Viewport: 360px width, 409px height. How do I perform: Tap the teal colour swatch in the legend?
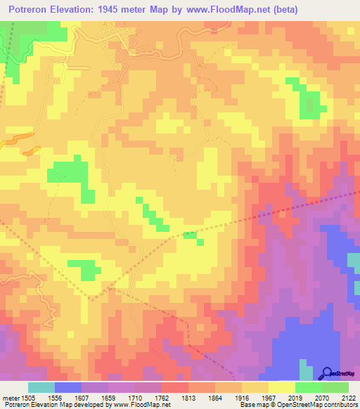tap(41, 387)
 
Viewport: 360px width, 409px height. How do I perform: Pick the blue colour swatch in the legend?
tap(68, 387)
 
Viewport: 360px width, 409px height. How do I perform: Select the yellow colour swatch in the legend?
tap(281, 387)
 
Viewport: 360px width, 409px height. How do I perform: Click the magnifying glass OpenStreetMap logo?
tap(327, 373)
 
